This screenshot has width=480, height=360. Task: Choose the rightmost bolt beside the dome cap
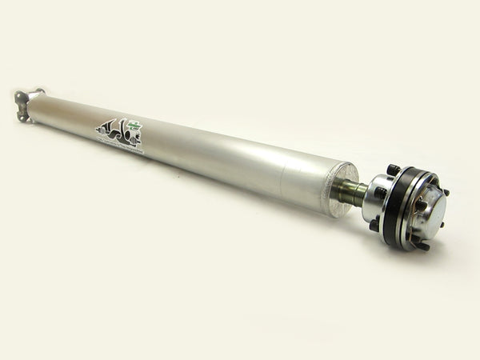pyautogui.click(x=445, y=194)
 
